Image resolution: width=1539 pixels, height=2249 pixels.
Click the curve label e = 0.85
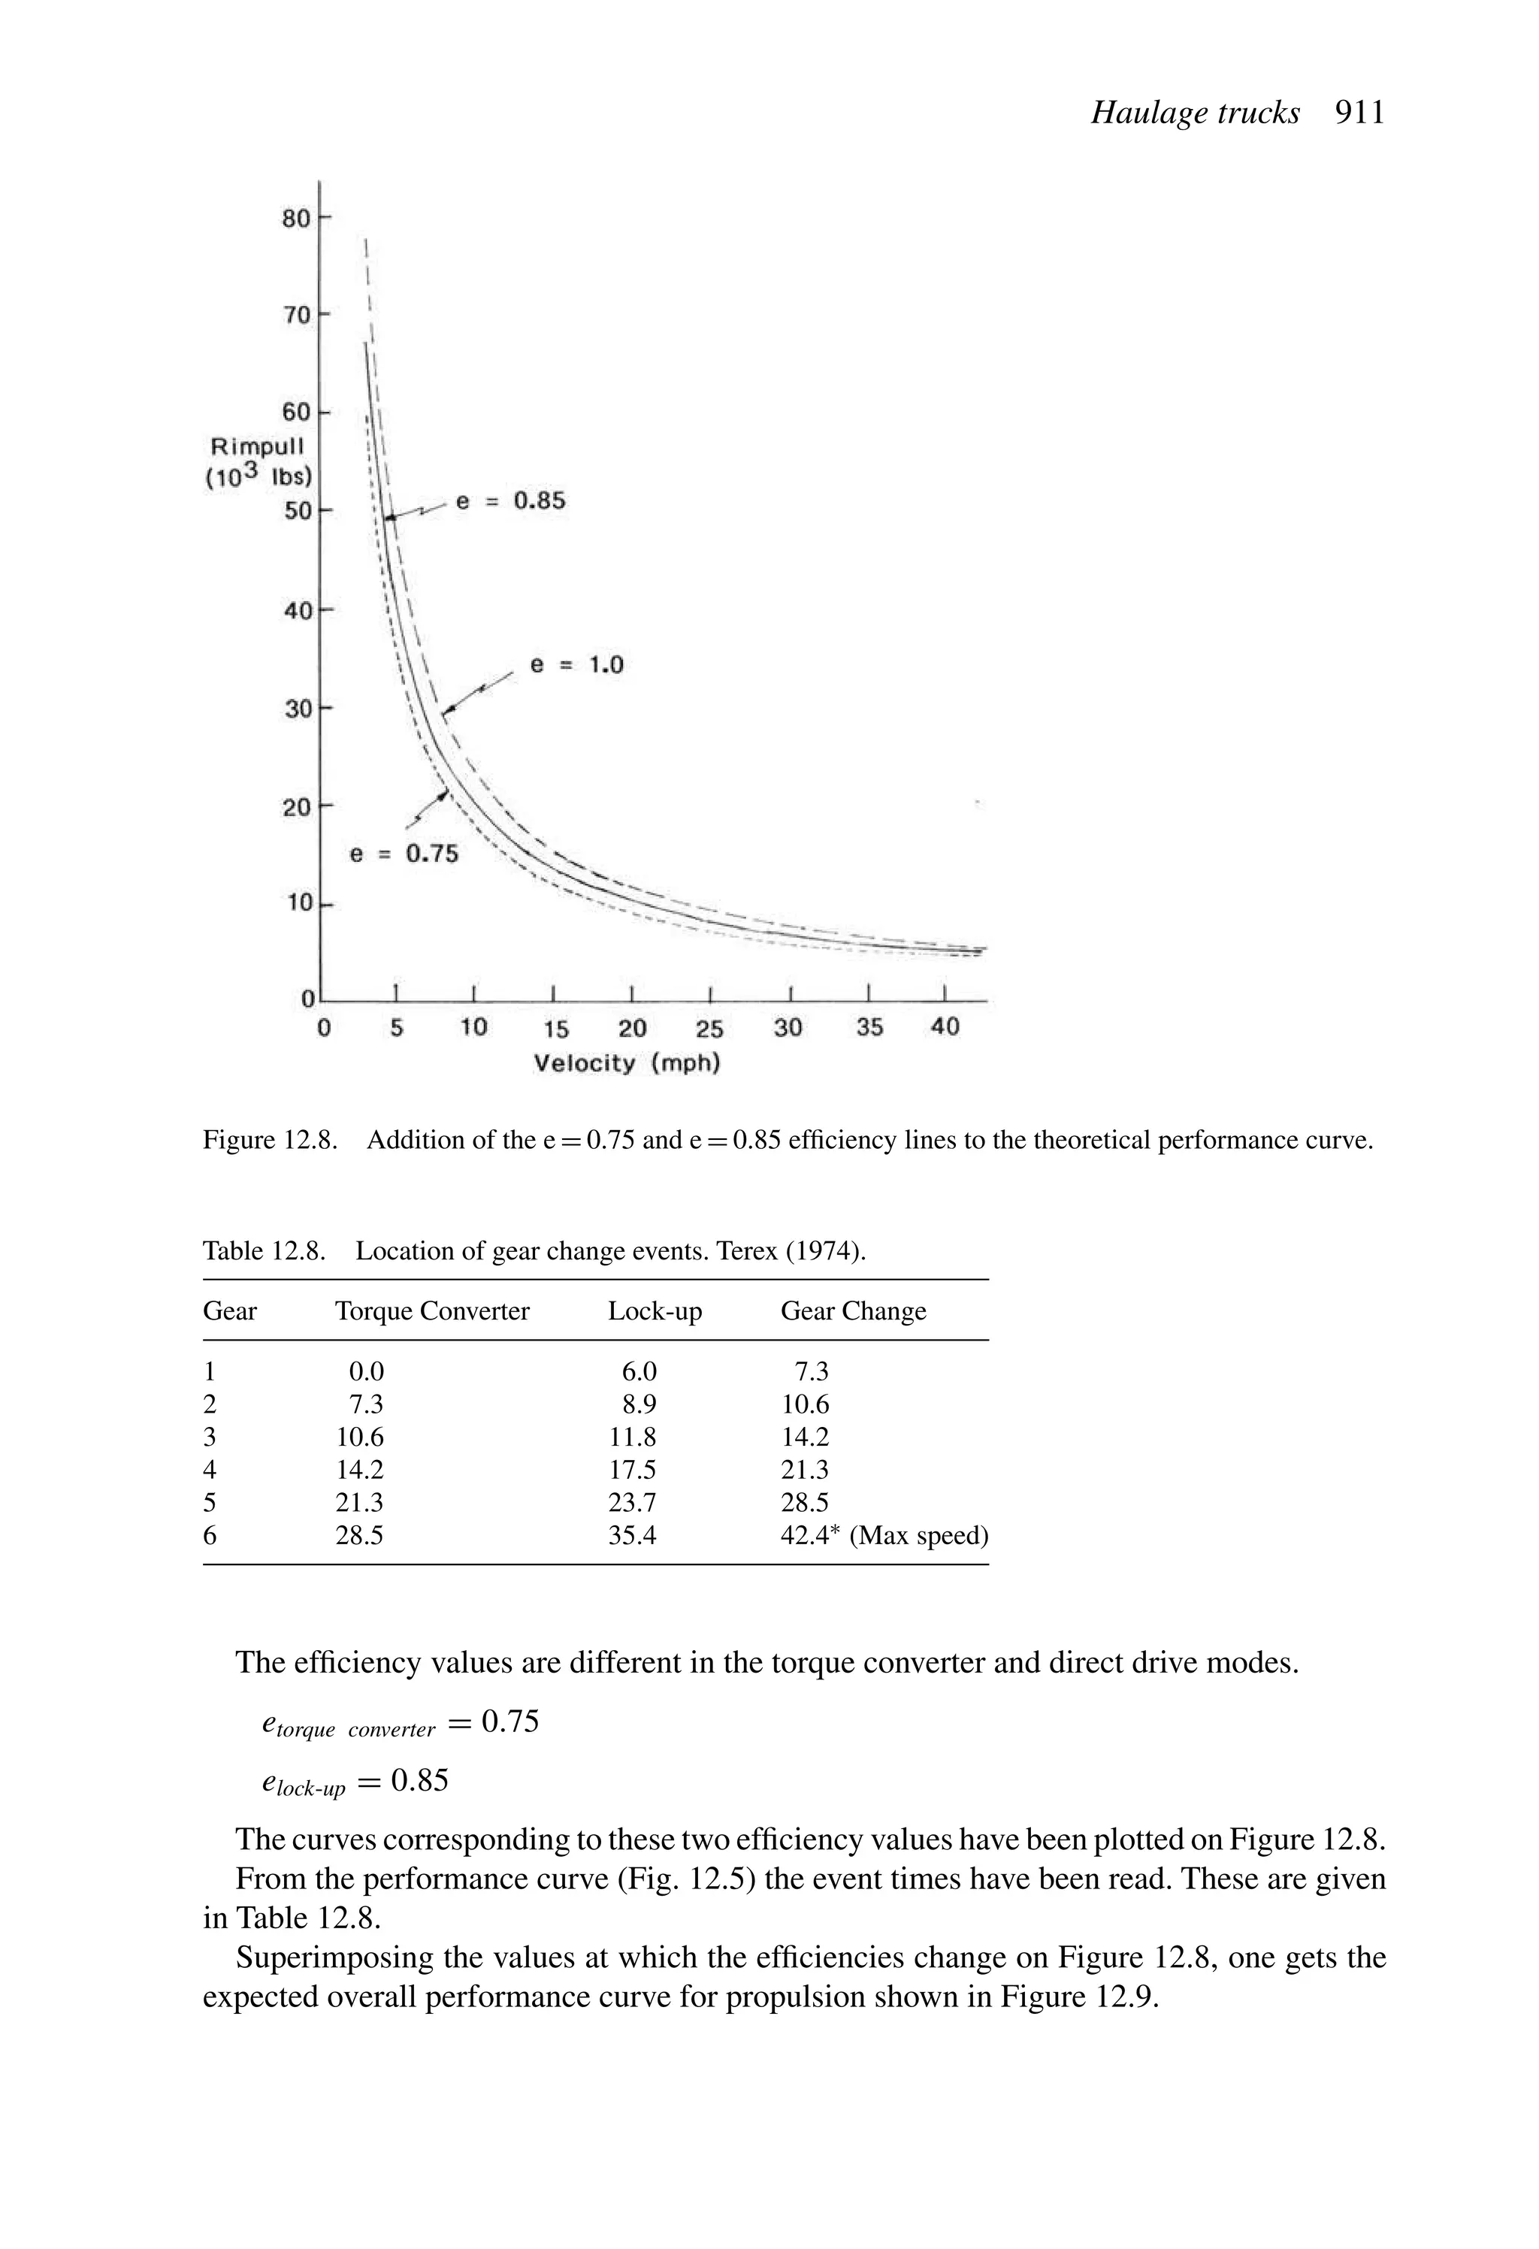click(510, 501)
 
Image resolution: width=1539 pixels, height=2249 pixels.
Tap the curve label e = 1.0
click(577, 665)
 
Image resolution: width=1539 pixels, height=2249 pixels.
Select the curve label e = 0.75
click(404, 854)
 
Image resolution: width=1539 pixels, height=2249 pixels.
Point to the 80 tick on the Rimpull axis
click(296, 219)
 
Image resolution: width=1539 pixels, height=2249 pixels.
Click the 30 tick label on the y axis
click(297, 709)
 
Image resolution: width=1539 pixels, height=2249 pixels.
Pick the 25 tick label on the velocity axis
click(709, 1029)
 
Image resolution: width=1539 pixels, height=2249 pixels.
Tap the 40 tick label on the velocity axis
click(945, 1026)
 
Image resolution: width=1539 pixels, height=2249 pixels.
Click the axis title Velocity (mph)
click(627, 1063)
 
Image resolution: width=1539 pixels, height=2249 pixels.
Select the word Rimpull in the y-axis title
click(258, 446)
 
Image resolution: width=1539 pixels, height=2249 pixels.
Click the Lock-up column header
click(655, 1311)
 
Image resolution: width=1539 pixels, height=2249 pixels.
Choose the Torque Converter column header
click(431, 1311)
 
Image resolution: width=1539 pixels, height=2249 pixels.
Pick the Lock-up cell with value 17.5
click(632, 1470)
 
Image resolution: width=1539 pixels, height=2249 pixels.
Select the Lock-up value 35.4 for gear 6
click(632, 1536)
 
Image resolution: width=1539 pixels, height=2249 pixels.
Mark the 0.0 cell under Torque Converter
click(367, 1371)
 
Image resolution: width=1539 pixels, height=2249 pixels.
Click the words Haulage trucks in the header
click(1194, 113)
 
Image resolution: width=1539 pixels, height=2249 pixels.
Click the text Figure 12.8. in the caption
click(269, 1140)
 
